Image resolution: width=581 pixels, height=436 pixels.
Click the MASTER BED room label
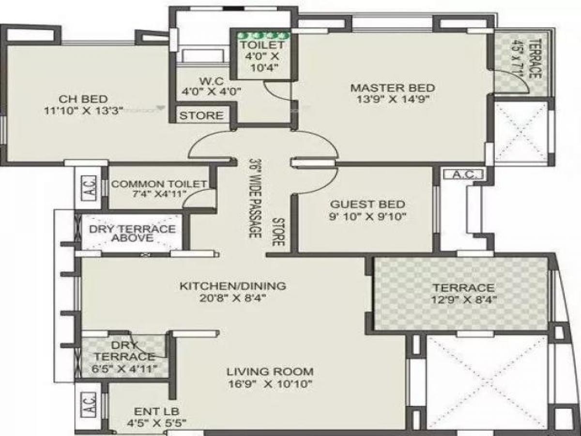[x=392, y=88]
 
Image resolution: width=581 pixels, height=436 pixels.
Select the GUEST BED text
[x=367, y=204]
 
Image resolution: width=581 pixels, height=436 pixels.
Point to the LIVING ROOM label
[x=270, y=372]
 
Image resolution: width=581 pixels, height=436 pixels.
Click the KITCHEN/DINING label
[x=233, y=286]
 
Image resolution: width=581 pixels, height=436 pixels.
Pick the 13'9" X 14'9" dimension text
[x=392, y=100]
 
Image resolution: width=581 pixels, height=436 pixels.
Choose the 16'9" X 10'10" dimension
[x=270, y=384]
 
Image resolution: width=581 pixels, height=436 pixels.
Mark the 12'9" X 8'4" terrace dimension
[x=463, y=299]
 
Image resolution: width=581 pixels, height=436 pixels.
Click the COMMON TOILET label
[x=159, y=184]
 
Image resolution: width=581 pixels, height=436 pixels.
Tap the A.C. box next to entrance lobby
[x=90, y=403]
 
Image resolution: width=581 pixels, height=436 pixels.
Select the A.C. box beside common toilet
[x=90, y=186]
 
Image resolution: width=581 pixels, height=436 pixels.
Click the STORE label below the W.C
[x=202, y=115]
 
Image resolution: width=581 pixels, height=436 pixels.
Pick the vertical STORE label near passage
[x=277, y=232]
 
